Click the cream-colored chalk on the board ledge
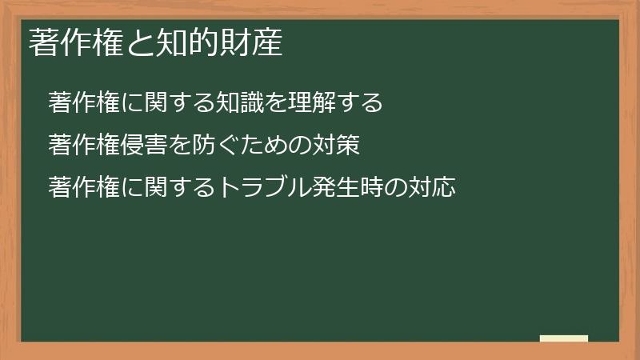[563, 338]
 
